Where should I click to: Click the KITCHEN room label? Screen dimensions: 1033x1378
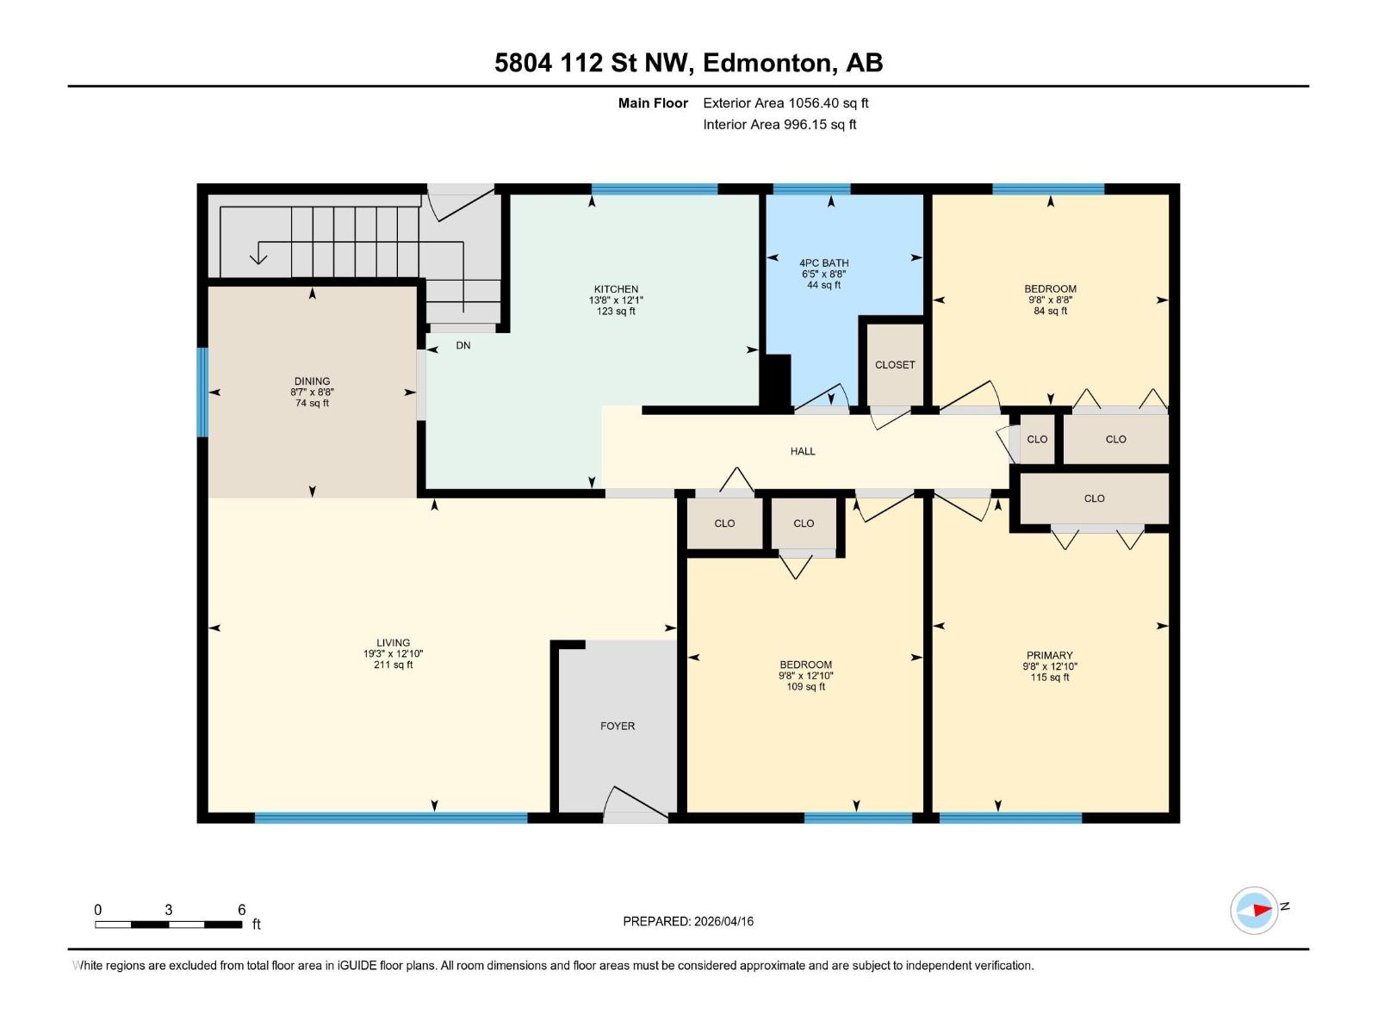coord(616,289)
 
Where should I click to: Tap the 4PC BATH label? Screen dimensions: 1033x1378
coord(823,263)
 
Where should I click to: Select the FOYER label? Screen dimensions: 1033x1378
coord(618,727)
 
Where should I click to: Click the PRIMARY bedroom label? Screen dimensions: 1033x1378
coord(1049,655)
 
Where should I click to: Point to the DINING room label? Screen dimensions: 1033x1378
coord(312,381)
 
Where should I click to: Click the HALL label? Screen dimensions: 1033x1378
coord(803,451)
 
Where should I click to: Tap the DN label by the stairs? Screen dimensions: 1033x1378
coord(463,346)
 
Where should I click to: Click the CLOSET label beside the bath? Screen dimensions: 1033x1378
coord(895,365)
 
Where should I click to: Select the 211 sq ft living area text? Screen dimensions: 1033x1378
coord(393,665)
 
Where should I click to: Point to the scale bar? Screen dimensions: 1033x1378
coord(169,925)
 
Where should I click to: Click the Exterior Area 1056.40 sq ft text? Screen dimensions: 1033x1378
coord(785,103)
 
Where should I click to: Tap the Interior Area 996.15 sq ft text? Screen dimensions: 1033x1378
coord(779,125)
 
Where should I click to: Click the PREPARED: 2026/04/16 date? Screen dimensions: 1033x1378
coord(688,921)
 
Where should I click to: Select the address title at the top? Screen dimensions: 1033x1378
coord(688,63)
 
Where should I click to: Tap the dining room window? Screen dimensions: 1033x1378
coord(203,393)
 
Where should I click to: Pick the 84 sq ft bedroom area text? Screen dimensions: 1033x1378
coord(1050,311)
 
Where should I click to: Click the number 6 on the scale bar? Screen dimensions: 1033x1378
coord(242,910)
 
